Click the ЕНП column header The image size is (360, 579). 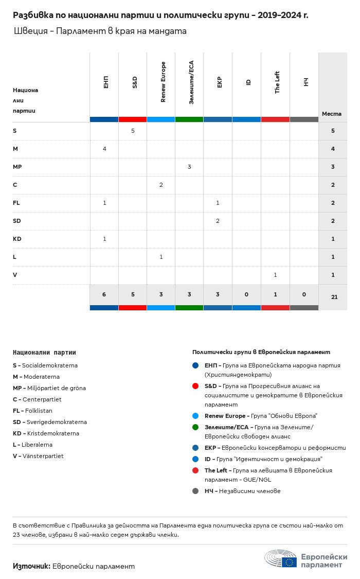pyautogui.click(x=105, y=82)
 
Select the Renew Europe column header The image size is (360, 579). pyautogui.click(x=163, y=82)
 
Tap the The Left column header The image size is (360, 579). pyautogui.click(x=277, y=82)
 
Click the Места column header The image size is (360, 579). pyautogui.click(x=332, y=114)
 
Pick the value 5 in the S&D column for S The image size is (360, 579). pyautogui.click(x=133, y=131)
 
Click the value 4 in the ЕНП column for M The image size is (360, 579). pyautogui.click(x=104, y=149)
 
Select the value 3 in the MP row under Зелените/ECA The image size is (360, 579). pyautogui.click(x=189, y=167)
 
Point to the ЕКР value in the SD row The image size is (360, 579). pyautogui.click(x=218, y=221)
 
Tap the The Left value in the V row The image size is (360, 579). pyautogui.click(x=275, y=275)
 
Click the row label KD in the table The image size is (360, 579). pyautogui.click(x=17, y=239)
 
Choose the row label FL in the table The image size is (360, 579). pyautogui.click(x=16, y=203)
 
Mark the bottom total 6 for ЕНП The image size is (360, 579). pyautogui.click(x=104, y=294)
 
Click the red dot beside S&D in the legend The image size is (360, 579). pyautogui.click(x=195, y=386)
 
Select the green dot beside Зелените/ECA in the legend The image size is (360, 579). pyautogui.click(x=195, y=427)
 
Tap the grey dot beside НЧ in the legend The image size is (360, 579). pyautogui.click(x=195, y=491)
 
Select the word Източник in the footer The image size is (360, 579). pyautogui.click(x=31, y=566)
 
